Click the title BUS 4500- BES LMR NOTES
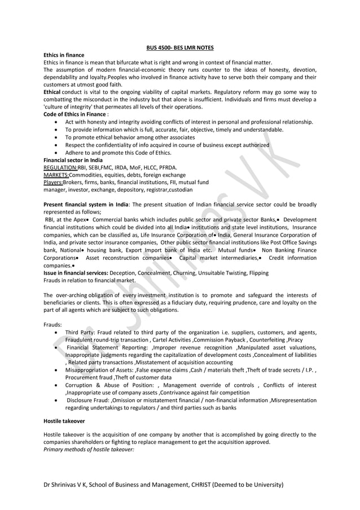[x=179, y=47]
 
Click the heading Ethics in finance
[x=64, y=55]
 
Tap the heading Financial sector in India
[x=73, y=160]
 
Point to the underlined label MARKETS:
[x=56, y=175]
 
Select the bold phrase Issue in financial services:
[x=76, y=272]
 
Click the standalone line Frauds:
[x=53, y=325]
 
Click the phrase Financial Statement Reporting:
[x=107, y=347]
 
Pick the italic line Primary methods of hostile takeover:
[x=89, y=449]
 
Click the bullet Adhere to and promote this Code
[x=118, y=152]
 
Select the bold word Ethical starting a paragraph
[x=52, y=91]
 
